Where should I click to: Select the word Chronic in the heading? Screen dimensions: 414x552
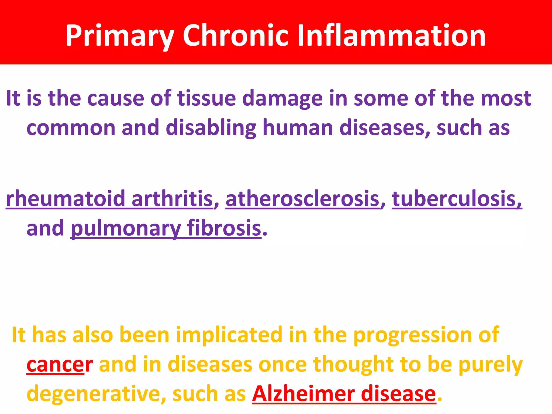click(x=236, y=36)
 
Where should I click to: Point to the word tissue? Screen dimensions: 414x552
click(x=206, y=98)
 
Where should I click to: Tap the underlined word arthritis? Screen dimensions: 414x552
click(x=172, y=199)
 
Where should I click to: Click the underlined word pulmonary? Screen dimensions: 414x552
click(x=126, y=229)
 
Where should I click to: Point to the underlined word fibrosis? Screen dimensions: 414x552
click(x=224, y=228)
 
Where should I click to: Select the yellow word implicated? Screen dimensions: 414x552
click(x=229, y=335)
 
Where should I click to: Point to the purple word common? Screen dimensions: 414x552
click(x=71, y=128)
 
